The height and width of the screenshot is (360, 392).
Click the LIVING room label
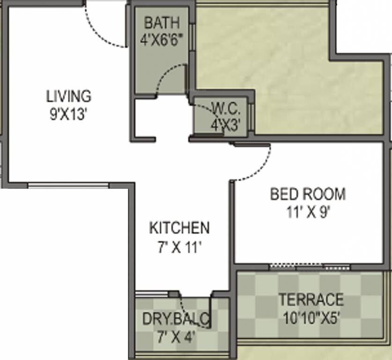(x=68, y=96)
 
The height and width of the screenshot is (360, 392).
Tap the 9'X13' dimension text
(x=68, y=114)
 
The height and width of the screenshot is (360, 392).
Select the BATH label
(x=161, y=22)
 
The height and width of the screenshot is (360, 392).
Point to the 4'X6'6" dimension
(x=161, y=39)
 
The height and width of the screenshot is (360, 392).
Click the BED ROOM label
(x=308, y=194)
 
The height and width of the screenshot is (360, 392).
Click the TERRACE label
(x=311, y=299)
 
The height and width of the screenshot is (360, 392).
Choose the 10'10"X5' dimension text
(x=311, y=317)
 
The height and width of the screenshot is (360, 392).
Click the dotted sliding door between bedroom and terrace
(x=309, y=267)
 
